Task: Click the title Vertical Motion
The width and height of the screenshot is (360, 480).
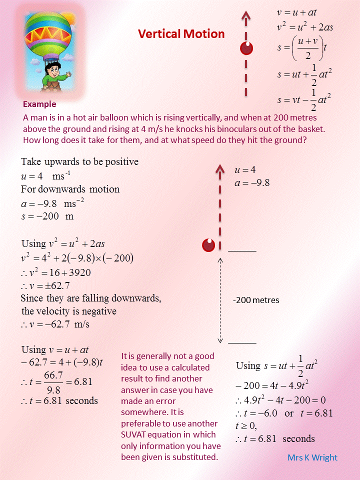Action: tap(181, 34)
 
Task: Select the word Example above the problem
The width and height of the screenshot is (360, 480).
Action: tap(39, 104)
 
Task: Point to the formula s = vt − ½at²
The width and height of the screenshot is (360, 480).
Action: tap(304, 99)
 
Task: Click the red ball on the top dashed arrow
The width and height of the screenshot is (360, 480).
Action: tap(246, 48)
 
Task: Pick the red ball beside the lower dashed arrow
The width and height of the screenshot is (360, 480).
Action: tap(208, 245)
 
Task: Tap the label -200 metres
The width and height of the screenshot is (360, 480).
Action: tap(256, 300)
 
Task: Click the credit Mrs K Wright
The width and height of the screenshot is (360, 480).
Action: tap(312, 457)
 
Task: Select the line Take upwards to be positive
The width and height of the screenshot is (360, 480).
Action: tap(79, 162)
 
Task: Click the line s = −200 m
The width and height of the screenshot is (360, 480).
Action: tap(47, 217)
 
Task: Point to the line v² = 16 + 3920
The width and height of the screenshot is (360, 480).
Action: tap(56, 273)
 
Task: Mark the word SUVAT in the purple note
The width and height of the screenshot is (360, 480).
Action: tap(136, 434)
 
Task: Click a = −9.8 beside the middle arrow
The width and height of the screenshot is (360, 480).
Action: tap(252, 183)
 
